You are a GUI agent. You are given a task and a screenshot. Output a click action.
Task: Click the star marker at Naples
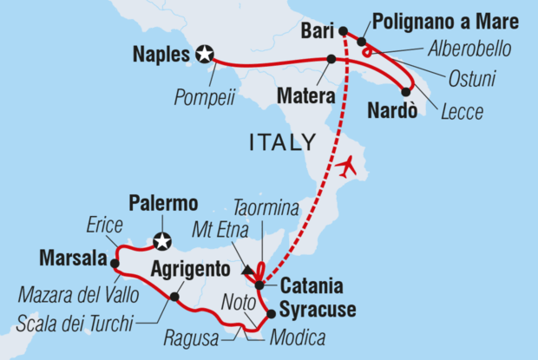(206, 56)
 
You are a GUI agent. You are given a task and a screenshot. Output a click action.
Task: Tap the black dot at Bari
(342, 32)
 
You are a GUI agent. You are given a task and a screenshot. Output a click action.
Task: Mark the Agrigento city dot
(174, 297)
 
